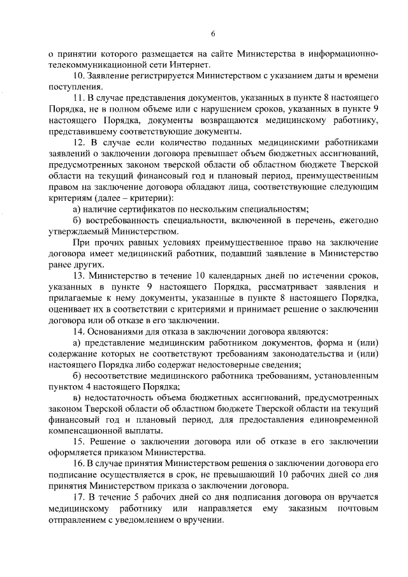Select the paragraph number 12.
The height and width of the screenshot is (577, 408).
point(79,142)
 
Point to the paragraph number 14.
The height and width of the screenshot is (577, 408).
point(79,332)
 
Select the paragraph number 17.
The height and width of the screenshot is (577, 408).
point(79,496)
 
